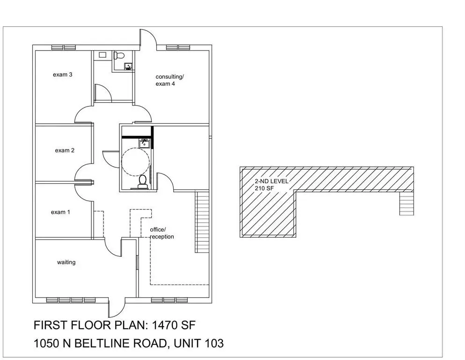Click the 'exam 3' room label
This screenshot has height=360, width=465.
click(x=63, y=75)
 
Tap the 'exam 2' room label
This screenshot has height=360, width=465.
click(x=65, y=150)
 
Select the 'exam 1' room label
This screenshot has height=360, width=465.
click(x=60, y=212)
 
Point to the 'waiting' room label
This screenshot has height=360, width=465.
click(x=66, y=262)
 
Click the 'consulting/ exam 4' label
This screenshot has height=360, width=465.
click(x=170, y=80)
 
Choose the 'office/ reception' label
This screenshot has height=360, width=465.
click(x=162, y=233)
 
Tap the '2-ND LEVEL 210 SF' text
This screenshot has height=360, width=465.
click(x=271, y=185)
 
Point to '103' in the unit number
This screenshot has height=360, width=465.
click(x=214, y=344)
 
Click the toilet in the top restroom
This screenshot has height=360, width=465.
click(x=119, y=55)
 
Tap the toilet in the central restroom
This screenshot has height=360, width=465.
click(x=143, y=182)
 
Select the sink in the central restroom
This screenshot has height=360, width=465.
click(x=144, y=143)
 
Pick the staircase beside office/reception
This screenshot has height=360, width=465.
click(x=202, y=222)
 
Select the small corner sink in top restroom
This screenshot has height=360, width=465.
click(x=129, y=66)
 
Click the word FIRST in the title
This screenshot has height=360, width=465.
click(x=50, y=325)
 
